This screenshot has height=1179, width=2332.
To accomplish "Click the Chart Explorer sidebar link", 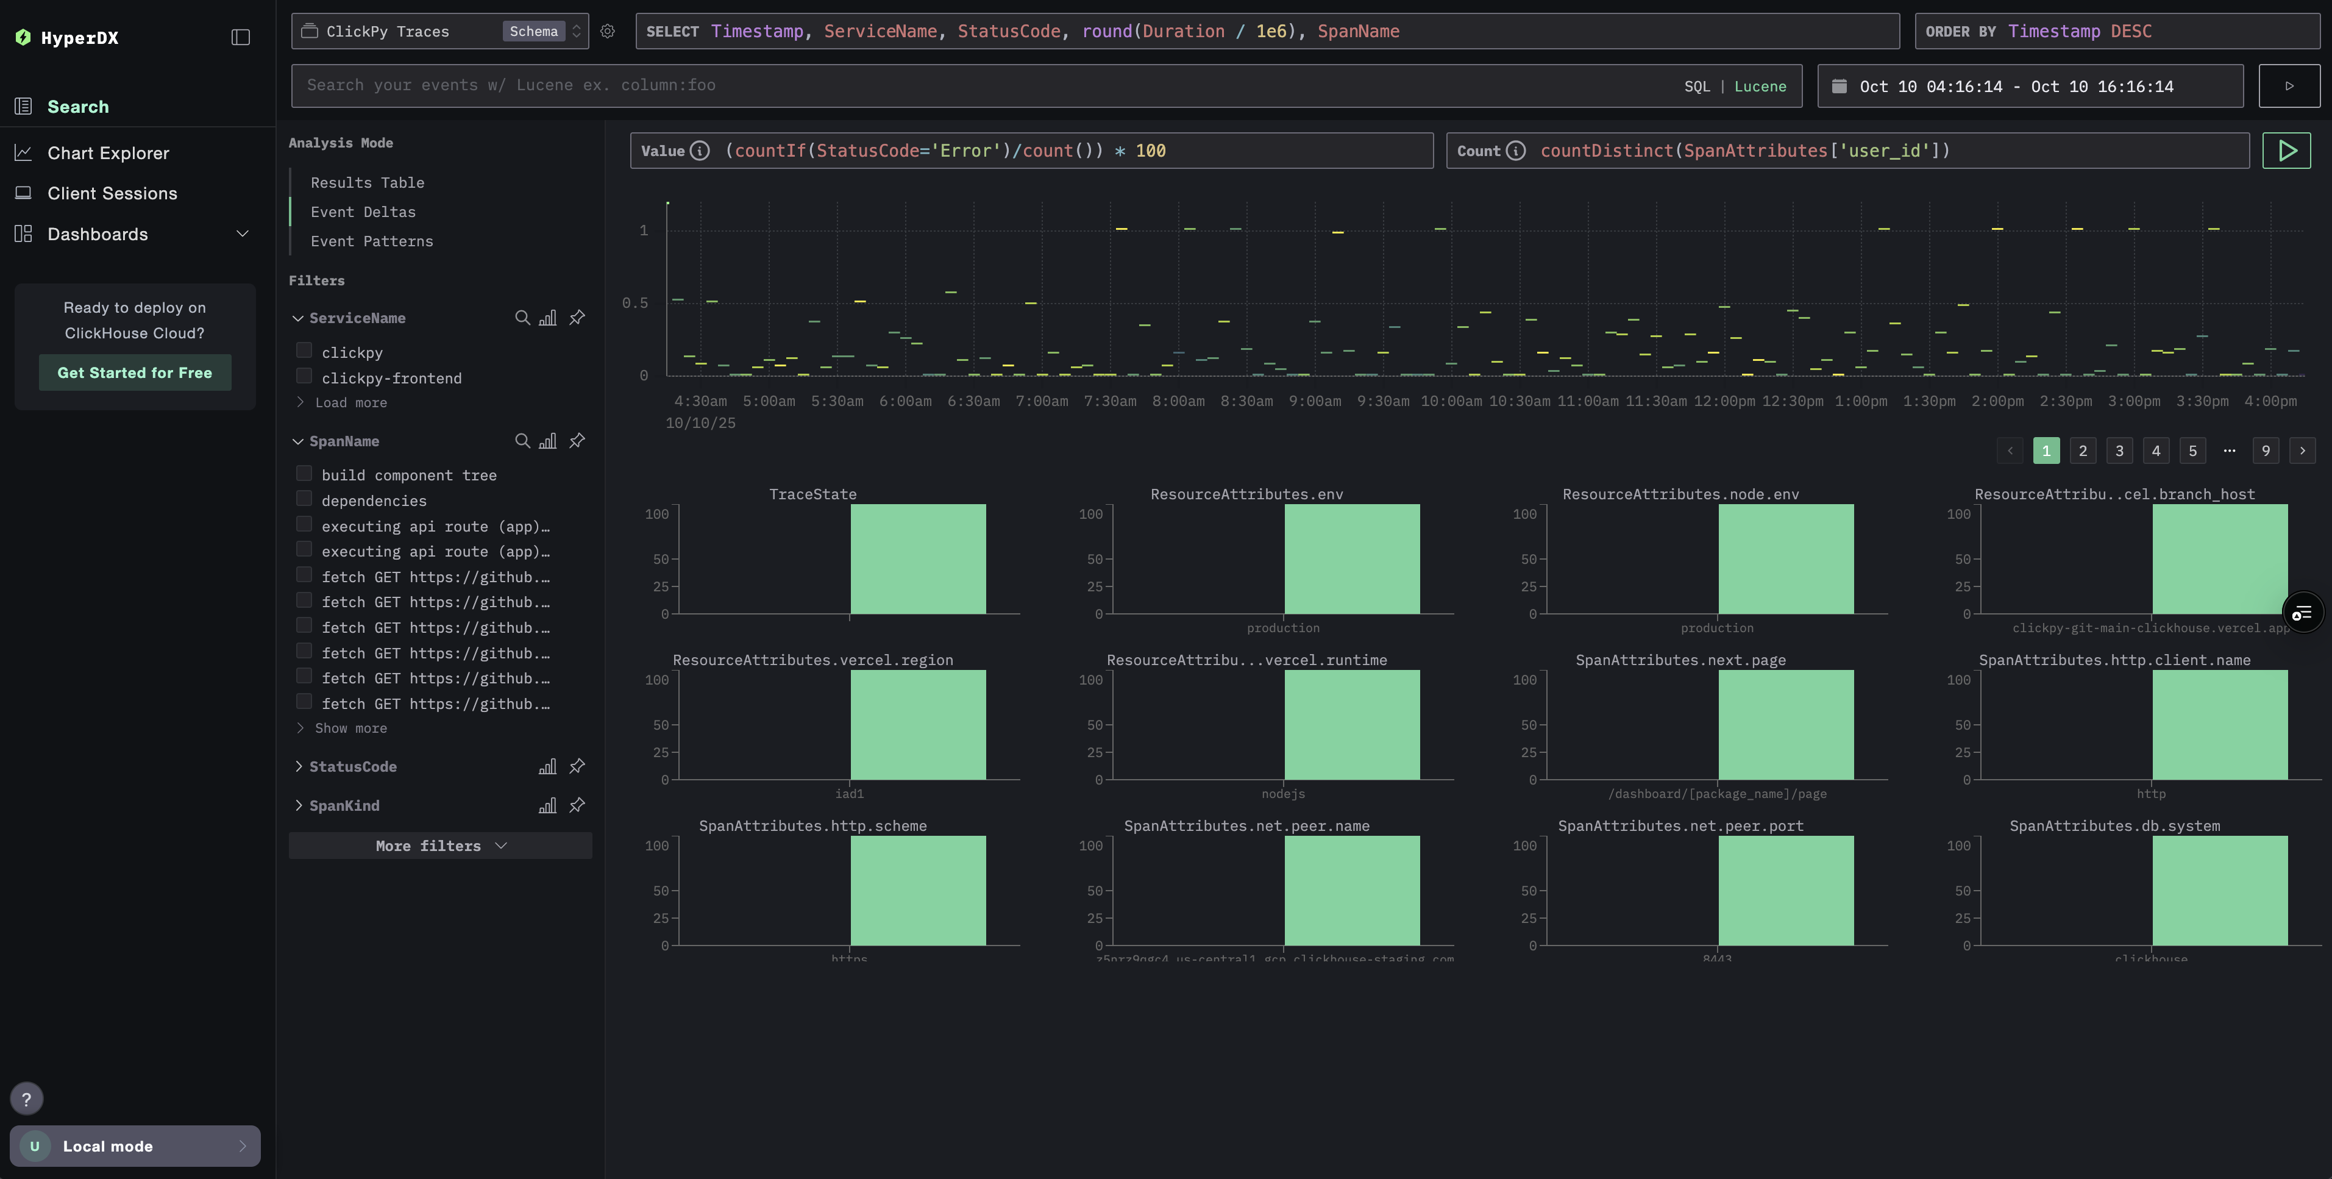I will [108, 153].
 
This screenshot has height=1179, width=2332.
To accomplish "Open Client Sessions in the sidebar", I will [112, 193].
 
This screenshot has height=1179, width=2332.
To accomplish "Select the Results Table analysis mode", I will [367, 182].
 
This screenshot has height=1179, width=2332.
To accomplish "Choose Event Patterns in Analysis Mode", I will [371, 241].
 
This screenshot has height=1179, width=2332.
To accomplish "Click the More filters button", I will [440, 845].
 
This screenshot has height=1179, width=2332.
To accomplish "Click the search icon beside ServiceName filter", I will [522, 318].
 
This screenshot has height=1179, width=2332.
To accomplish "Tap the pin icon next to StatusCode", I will [577, 766].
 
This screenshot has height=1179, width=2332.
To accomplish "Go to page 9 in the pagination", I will [2265, 450].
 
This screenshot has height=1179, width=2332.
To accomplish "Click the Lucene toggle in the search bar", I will [1760, 86].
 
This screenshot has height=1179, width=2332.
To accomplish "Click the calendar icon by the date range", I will [1839, 86].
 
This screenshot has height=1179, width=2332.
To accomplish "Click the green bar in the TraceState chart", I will [917, 558].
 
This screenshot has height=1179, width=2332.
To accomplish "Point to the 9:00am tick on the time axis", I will [1315, 401].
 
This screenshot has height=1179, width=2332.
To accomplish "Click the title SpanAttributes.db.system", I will [2114, 825].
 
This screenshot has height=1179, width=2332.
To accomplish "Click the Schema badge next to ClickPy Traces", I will [533, 31].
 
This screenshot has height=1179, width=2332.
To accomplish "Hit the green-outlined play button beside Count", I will [2286, 151].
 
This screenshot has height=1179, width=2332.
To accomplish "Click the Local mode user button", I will [135, 1145].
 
